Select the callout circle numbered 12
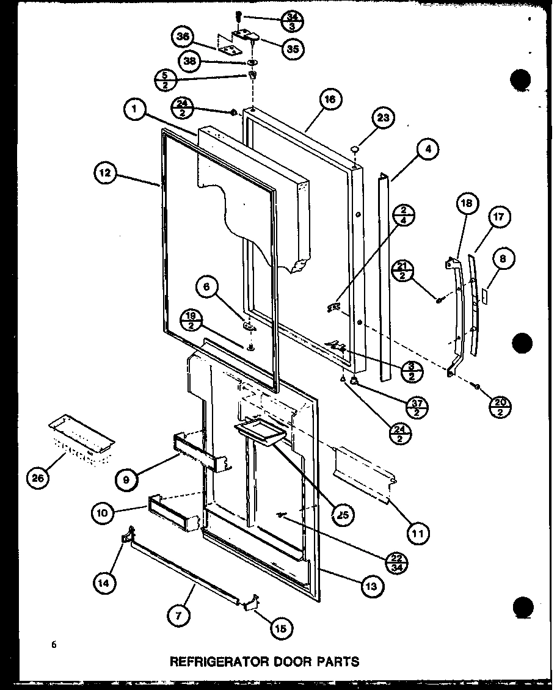(105, 173)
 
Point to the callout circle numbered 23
(386, 118)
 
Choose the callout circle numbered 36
(181, 37)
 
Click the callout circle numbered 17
(499, 217)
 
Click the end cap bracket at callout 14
(126, 535)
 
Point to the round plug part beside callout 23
(355, 148)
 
